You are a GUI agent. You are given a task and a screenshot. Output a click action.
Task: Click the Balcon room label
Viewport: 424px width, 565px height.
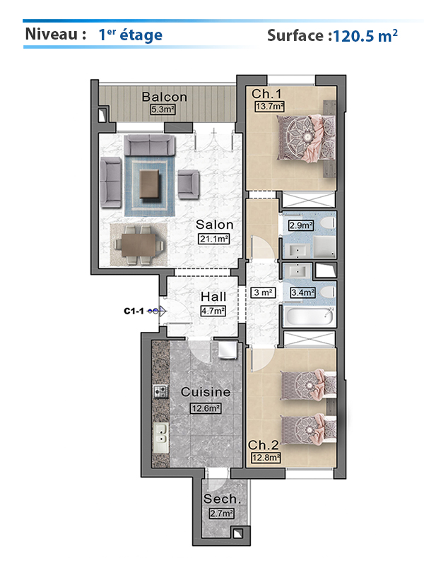click(x=165, y=97)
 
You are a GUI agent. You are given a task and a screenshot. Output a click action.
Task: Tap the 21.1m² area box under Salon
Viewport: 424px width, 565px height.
click(x=214, y=239)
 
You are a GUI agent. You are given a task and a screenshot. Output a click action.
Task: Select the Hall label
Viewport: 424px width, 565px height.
click(x=213, y=297)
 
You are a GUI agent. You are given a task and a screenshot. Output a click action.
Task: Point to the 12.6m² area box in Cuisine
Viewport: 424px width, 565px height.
click(x=206, y=408)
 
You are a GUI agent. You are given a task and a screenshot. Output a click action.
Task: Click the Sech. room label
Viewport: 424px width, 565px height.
click(x=221, y=499)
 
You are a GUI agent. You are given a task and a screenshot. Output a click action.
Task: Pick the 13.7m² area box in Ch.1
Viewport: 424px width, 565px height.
click(x=269, y=107)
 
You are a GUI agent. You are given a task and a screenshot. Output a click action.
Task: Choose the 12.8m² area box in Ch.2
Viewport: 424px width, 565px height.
click(x=266, y=458)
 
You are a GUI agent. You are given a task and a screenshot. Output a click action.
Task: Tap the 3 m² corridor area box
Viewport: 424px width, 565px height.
click(x=263, y=292)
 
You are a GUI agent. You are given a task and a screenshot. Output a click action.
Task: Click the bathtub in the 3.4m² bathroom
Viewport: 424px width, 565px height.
click(x=309, y=316)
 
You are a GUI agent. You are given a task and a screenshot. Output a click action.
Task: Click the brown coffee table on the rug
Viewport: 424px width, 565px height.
click(x=149, y=184)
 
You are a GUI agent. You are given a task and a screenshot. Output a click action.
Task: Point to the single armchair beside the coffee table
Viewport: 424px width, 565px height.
click(x=189, y=184)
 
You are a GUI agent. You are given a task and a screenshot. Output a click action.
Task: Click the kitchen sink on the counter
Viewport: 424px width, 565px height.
click(x=161, y=437)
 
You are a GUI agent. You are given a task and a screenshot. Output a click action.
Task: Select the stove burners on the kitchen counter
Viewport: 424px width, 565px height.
click(x=161, y=391)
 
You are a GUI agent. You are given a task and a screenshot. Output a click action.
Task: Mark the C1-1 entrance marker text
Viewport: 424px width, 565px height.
click(x=134, y=311)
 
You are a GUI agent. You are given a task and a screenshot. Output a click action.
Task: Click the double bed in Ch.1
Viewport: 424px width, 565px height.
click(x=305, y=138)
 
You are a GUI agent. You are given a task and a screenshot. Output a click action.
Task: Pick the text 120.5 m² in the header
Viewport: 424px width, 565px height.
click(x=365, y=36)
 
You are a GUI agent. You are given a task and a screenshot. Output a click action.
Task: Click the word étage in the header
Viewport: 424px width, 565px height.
click(x=141, y=35)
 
